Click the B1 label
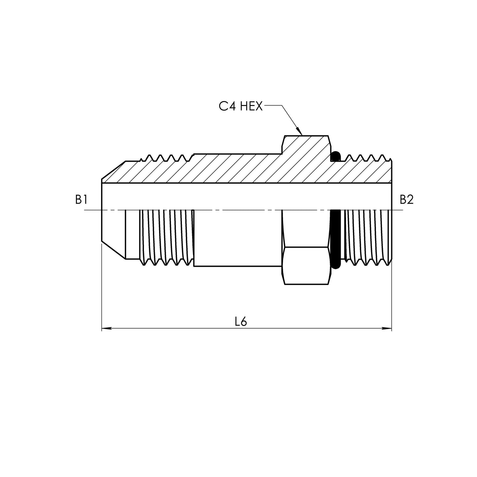click(81, 199)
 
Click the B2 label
click(406, 199)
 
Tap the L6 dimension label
click(241, 322)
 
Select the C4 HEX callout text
click(240, 107)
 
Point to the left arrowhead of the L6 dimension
click(106, 328)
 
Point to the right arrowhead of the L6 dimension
click(387, 328)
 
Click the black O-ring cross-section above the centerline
click(336, 156)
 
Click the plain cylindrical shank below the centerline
click(238, 238)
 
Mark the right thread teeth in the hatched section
click(366, 158)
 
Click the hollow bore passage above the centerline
click(246, 196)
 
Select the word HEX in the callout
click(251, 107)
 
